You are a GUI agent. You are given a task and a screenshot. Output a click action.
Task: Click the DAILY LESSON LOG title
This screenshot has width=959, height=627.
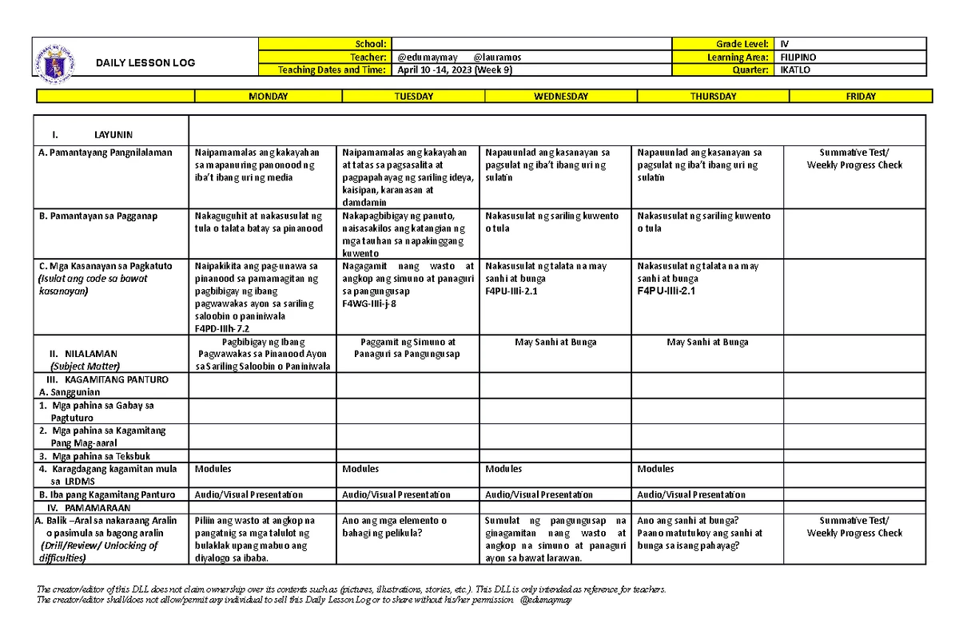(145, 63)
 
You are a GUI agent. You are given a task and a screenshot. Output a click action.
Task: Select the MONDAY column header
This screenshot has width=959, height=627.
(269, 97)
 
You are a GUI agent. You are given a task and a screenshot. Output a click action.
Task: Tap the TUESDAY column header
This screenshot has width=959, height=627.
(413, 97)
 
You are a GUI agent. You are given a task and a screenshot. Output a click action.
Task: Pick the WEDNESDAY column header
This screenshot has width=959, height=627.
(561, 97)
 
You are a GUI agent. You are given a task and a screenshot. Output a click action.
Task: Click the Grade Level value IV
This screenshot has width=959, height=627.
(784, 44)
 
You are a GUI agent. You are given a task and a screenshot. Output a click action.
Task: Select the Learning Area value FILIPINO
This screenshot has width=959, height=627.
(798, 58)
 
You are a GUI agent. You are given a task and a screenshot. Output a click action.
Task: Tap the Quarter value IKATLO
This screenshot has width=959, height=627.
(794, 70)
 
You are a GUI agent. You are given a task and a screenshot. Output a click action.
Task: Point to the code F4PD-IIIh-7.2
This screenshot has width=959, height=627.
(222, 328)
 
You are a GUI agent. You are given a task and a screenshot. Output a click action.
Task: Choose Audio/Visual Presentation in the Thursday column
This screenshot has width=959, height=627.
(690, 494)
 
